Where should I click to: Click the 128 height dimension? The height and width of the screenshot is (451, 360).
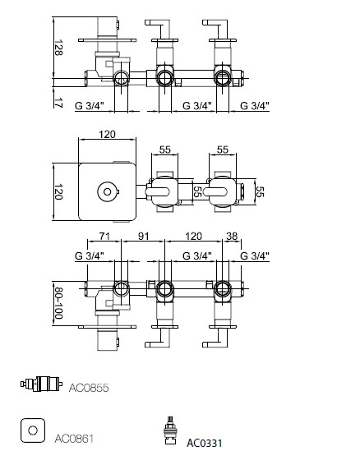(58, 48)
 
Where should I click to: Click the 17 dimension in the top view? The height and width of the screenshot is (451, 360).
(58, 103)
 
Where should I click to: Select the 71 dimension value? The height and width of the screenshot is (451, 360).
(104, 236)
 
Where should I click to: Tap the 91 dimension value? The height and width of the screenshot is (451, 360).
(143, 236)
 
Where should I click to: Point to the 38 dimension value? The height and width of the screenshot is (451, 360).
(232, 236)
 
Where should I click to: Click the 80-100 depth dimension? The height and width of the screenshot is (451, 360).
(58, 303)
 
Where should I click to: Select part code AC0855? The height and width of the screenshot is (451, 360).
(89, 388)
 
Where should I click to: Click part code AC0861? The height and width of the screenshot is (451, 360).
(74, 439)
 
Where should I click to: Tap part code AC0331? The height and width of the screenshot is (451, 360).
(205, 443)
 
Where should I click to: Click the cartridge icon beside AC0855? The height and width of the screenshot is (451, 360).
(41, 384)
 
